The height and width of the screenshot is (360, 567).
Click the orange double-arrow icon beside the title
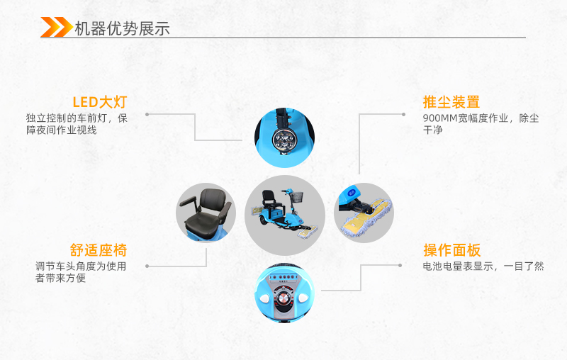(x=57, y=27)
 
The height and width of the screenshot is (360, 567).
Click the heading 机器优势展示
(x=122, y=28)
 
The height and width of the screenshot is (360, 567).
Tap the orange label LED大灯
(x=100, y=102)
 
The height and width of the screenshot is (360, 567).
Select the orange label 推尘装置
(x=451, y=102)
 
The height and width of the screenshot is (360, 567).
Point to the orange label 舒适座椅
(x=99, y=250)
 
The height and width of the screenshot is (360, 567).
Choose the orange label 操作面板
(x=452, y=250)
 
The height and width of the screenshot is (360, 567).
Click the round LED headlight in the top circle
(x=284, y=139)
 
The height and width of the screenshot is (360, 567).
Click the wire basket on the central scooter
(x=296, y=196)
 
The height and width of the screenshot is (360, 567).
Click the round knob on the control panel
(x=284, y=298)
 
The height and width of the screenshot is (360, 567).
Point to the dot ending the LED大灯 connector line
(x=147, y=115)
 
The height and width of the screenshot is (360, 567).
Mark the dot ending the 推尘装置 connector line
(x=403, y=115)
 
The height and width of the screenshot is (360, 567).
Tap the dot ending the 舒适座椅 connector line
(x=147, y=266)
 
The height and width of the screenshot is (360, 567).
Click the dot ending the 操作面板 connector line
(x=400, y=265)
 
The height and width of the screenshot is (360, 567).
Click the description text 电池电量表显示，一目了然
(x=483, y=266)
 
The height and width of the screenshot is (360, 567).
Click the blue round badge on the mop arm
(x=352, y=193)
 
